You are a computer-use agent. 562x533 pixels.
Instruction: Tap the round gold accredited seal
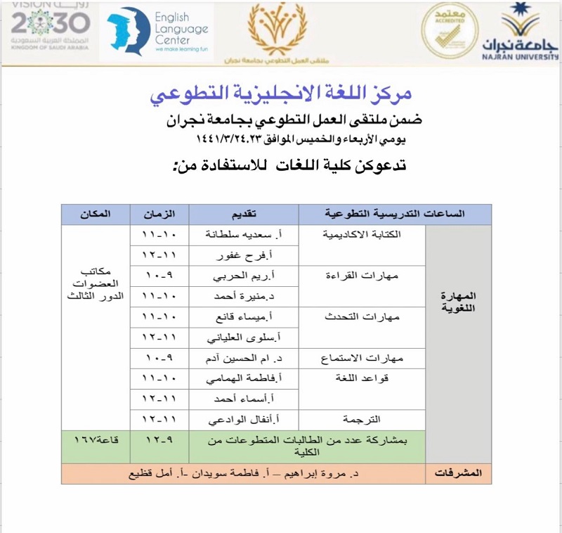(449, 31)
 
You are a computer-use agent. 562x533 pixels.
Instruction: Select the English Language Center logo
(157, 31)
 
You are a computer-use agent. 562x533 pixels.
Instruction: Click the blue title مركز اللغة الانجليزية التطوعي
(280, 94)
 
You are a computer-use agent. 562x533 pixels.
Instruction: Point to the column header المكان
(96, 214)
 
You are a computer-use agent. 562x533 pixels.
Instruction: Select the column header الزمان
(159, 214)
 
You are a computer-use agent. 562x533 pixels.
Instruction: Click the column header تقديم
(243, 214)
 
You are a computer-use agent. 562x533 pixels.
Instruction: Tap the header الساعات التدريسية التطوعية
(395, 214)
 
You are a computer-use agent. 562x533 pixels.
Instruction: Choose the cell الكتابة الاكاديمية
(362, 234)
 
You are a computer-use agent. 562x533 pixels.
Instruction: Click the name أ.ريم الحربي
(243, 276)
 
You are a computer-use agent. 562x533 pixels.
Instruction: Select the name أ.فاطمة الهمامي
(243, 379)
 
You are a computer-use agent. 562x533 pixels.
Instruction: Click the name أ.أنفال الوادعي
(243, 420)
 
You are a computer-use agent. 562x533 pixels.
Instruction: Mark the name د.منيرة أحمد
(243, 296)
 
